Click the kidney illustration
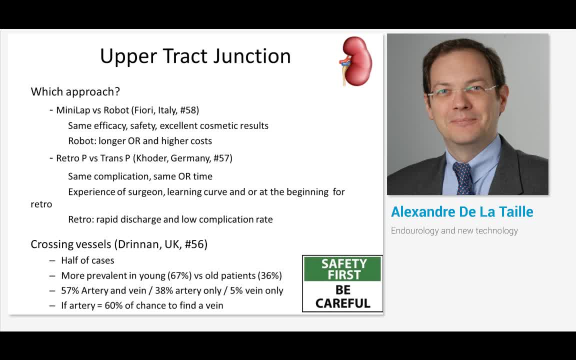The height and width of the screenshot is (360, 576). [x=355, y=61]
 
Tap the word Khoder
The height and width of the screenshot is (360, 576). [x=151, y=158]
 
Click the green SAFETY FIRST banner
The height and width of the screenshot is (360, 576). [x=343, y=269]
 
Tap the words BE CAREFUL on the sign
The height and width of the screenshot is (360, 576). [x=343, y=297]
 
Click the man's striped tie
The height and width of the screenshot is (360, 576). [x=463, y=177]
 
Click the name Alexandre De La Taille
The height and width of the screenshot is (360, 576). [x=462, y=212]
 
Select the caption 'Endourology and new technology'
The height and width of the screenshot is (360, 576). [x=454, y=230]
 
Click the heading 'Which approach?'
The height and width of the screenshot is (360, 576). [x=75, y=91]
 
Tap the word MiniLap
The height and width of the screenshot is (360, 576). [x=73, y=110]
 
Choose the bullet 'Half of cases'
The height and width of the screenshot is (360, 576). [x=87, y=260]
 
